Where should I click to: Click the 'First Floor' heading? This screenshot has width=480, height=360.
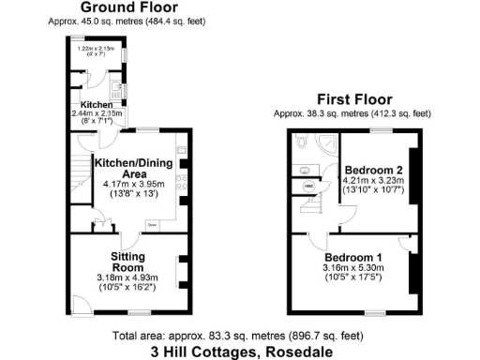[353, 99]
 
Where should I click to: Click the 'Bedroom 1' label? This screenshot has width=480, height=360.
[354, 257]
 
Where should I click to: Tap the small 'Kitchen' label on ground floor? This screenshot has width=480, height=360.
[97, 105]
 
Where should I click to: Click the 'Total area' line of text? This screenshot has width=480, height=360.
[238, 336]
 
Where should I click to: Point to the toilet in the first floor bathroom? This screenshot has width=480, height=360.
[301, 142]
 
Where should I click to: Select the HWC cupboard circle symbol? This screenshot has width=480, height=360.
[308, 187]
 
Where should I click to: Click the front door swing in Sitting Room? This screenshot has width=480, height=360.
[82, 303]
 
